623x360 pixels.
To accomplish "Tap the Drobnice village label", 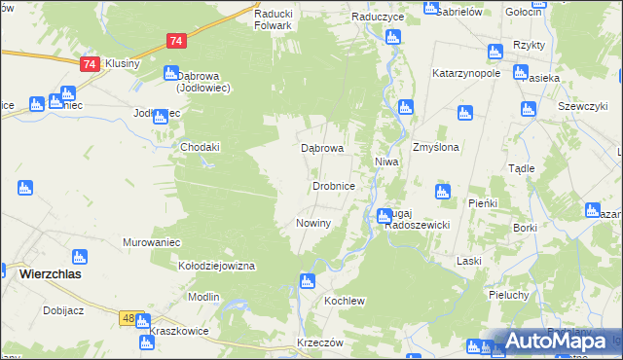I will click(340, 185).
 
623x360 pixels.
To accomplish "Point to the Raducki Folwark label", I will click(273, 19).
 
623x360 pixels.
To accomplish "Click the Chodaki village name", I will click(201, 147).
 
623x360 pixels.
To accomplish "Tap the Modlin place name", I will click(203, 296).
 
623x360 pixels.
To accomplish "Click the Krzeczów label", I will click(320, 343).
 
